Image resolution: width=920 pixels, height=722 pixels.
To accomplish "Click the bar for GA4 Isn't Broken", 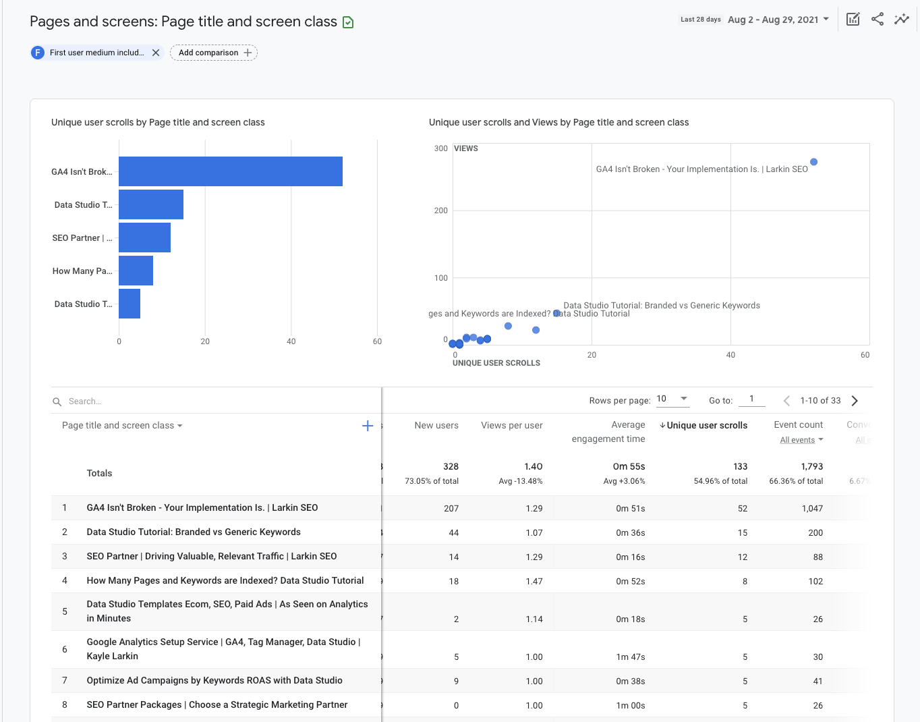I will point(230,171).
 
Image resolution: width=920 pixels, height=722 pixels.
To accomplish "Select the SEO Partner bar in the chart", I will point(144,238).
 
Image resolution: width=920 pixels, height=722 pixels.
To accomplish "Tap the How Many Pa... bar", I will point(136,271).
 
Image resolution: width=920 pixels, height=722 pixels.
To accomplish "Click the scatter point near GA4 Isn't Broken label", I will point(813,162).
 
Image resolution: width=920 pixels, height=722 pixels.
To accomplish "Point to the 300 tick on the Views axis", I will point(440,148).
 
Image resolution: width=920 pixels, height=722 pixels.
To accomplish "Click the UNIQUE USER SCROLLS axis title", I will point(496,363).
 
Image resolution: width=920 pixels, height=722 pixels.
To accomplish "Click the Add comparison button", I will point(214,53).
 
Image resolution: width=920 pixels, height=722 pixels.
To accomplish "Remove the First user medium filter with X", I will point(156,53).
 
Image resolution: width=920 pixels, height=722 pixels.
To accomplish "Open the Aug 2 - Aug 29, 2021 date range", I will point(778,20).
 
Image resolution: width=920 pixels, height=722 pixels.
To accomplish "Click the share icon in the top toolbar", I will point(877,19).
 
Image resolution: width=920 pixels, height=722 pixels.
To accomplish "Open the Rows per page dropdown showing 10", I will point(672,399).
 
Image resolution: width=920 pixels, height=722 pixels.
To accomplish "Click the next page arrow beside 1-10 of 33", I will point(855,401).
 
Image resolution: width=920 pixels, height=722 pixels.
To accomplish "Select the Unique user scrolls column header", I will point(706,425).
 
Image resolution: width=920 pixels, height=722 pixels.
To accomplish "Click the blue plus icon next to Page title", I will point(368,426).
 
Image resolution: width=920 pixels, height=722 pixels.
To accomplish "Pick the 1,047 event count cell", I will point(812,508).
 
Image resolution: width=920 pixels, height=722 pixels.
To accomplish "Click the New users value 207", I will point(451,508).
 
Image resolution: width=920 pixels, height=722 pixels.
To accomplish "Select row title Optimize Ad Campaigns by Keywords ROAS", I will point(214,680).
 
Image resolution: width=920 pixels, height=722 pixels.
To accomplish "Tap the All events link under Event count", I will point(798,440).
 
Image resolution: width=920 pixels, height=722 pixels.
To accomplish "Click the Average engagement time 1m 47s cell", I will point(630,657).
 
